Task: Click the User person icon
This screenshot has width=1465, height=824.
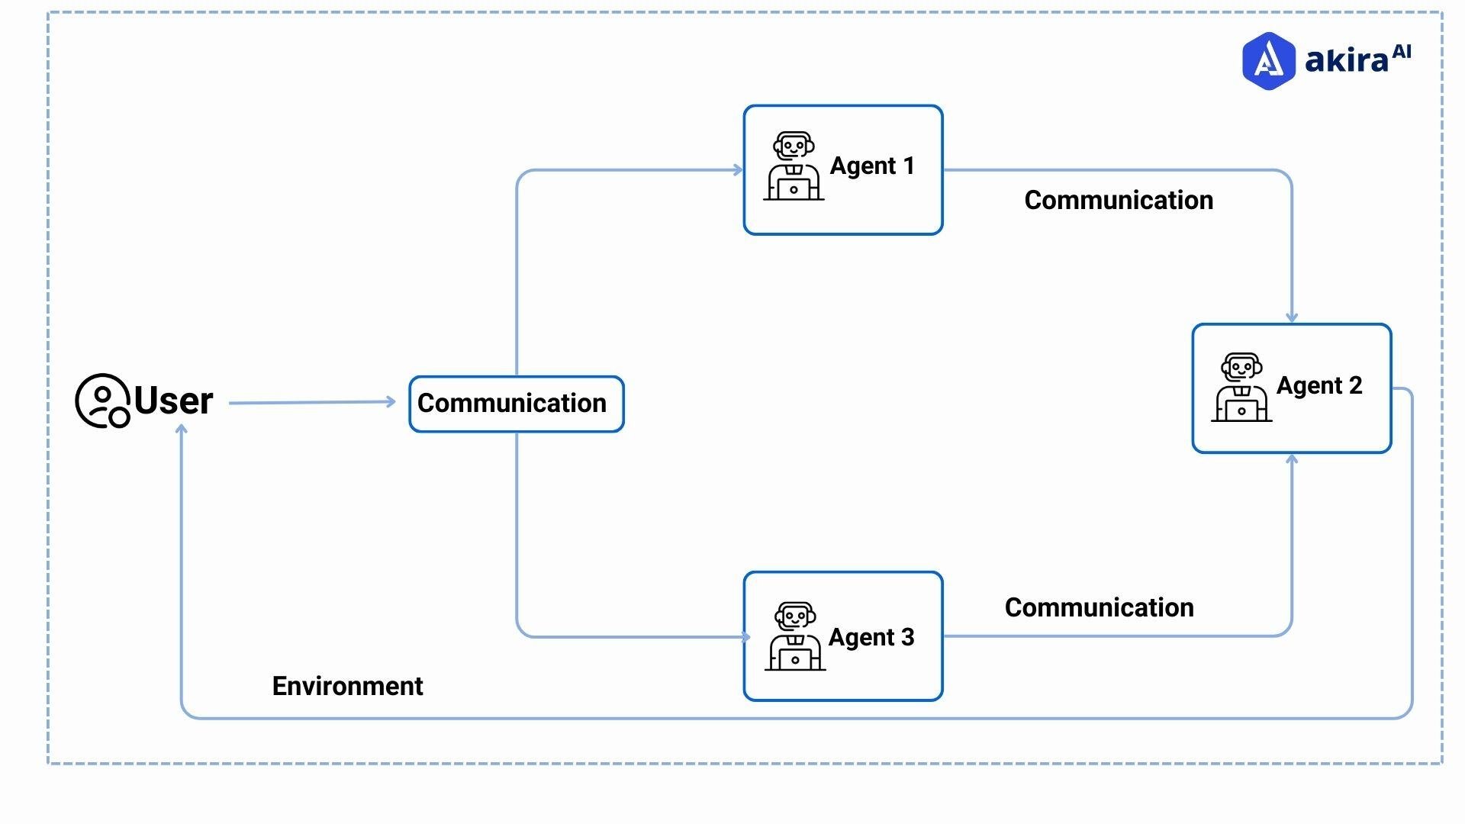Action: pos(102,401)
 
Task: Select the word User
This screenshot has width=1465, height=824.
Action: pos(173,401)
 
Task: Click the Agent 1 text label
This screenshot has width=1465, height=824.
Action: pos(871,166)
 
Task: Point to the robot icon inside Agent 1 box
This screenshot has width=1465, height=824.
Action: pos(794,166)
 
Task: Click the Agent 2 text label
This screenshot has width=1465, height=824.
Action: pos(1318,386)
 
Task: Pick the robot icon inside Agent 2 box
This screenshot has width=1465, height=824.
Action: pos(1241,387)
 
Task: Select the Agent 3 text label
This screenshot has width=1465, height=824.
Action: pos(871,637)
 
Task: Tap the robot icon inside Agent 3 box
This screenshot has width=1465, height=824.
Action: pos(795,637)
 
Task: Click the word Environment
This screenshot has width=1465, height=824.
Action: pos(347,686)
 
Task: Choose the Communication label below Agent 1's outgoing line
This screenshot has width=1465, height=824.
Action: pos(1118,200)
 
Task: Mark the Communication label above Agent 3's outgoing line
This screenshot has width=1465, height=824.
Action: pos(1099,607)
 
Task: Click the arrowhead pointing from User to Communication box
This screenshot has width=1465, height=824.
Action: pos(391,401)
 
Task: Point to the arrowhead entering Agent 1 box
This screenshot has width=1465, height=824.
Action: pos(738,170)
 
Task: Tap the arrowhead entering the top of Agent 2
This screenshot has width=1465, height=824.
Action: pos(1291,317)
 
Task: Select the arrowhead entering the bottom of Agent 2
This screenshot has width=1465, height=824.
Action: pos(1291,459)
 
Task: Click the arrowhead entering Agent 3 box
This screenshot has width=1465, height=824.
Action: pos(745,637)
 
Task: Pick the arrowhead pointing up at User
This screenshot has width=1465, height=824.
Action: pos(182,430)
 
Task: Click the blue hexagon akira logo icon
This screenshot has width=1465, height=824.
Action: pos(1268,61)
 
